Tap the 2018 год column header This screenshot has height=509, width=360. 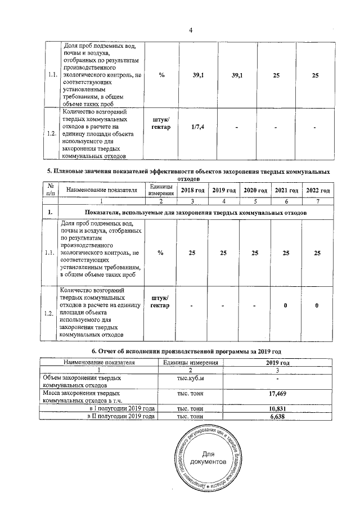[192, 190]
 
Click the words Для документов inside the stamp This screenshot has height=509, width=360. [208, 457]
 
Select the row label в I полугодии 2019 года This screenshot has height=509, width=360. [122, 408]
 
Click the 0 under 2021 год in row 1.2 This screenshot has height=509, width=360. [286, 305]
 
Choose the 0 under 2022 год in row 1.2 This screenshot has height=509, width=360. [317, 305]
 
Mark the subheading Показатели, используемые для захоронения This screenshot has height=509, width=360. [195, 213]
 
